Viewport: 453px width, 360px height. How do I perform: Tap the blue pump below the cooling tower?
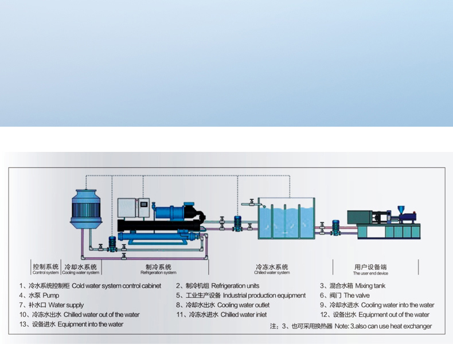(112, 243)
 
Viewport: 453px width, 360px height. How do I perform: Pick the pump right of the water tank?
(335, 224)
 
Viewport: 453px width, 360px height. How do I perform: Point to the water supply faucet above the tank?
(249, 202)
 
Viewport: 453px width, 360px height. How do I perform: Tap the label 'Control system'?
(46, 269)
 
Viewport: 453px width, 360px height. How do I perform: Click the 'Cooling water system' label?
(81, 269)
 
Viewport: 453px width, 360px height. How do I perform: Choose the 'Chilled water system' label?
(272, 269)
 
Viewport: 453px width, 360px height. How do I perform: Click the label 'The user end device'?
(370, 270)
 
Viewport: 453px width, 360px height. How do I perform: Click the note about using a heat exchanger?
(350, 326)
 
